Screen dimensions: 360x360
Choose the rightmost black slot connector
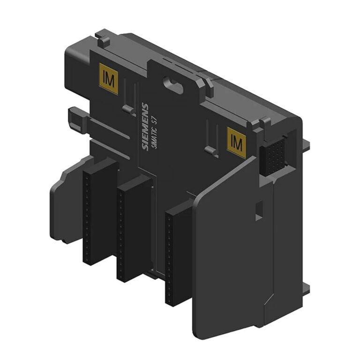pos(178,253)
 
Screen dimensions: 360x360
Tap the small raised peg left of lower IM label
pos(211,151)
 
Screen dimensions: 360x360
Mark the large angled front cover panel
pos(230,253)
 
